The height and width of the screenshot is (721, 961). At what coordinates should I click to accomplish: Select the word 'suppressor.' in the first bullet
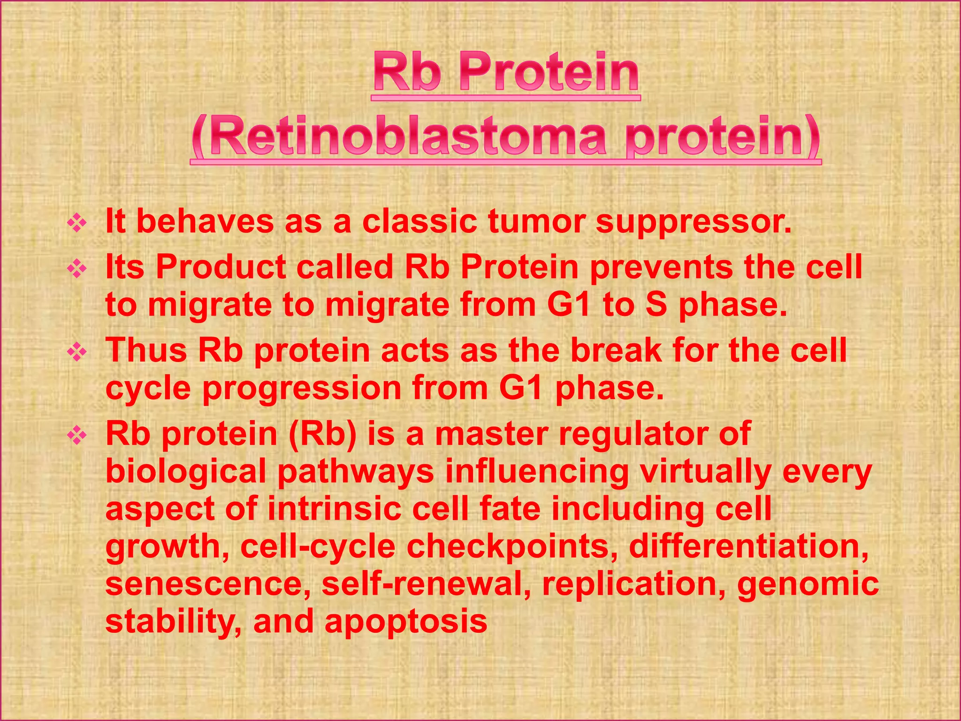694,222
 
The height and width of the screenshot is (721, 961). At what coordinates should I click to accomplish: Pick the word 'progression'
302,389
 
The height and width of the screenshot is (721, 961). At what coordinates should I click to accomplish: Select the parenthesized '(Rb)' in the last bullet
323,434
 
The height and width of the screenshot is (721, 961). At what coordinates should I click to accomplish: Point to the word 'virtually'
706,472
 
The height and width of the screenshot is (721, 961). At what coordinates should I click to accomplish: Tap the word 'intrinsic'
335,509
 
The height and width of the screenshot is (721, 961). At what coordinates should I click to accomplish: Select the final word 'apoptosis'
406,621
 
